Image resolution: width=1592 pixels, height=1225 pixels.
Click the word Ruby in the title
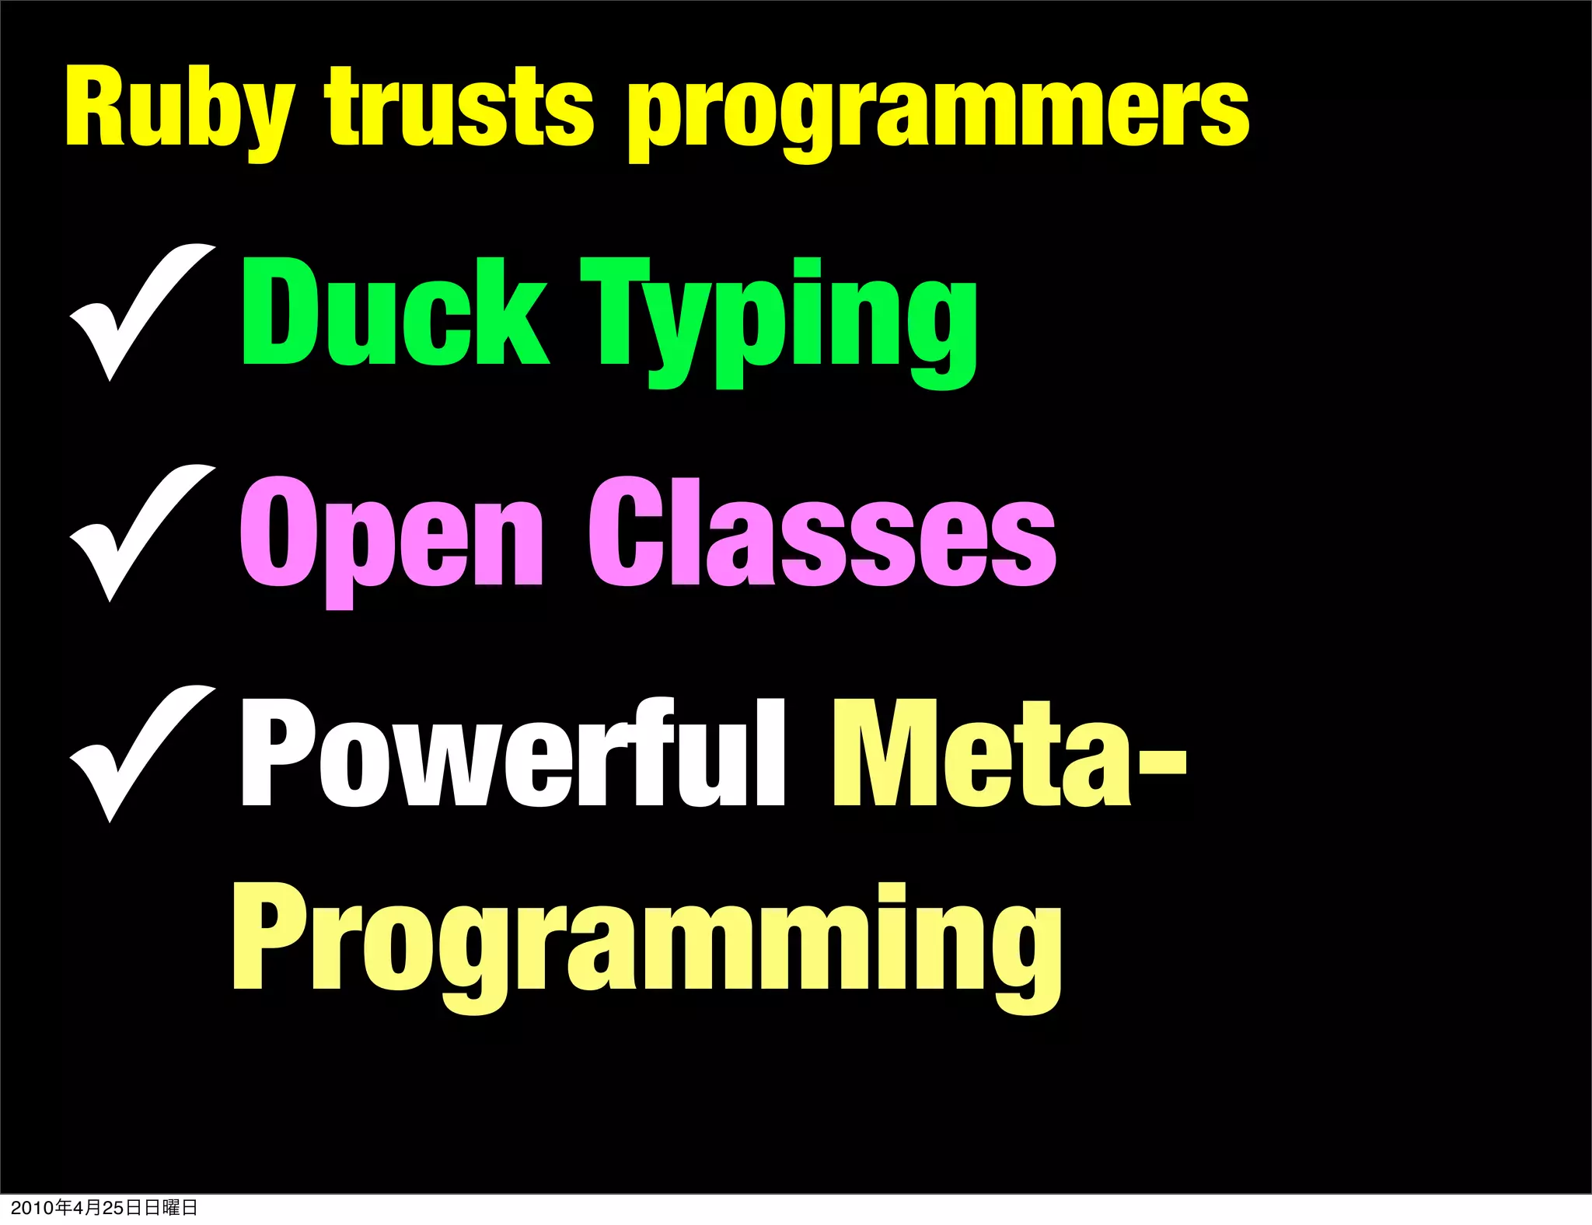coord(179,109)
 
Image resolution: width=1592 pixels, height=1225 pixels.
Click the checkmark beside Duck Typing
coord(140,311)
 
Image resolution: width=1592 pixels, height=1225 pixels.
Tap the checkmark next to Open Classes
coord(140,532)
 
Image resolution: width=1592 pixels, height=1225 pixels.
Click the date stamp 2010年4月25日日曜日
coord(104,1207)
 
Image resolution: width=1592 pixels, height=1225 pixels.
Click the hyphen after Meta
coord(1161,765)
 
